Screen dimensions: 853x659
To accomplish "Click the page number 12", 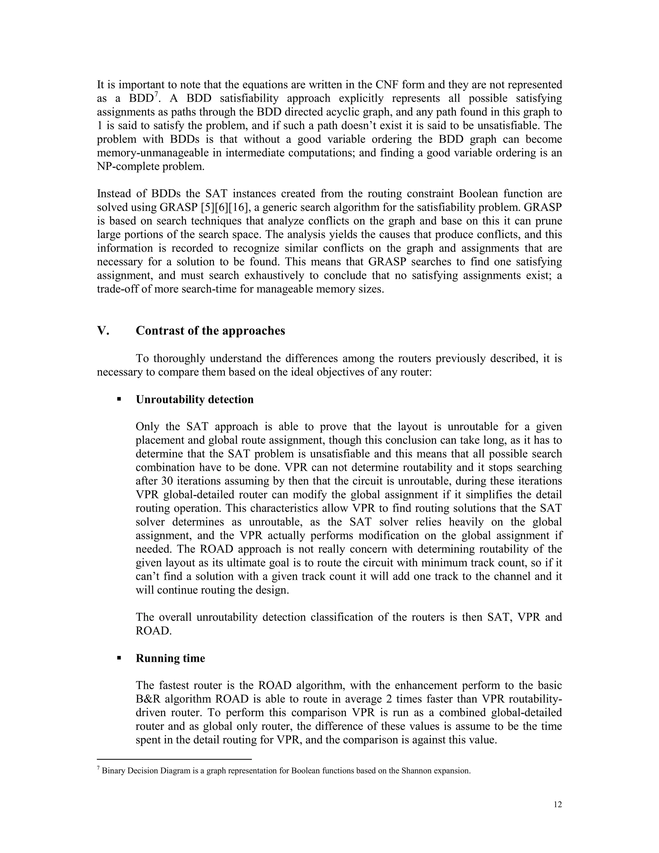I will pos(558,805).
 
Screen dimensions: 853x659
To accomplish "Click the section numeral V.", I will pos(103,331).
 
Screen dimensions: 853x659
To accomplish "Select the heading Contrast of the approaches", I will pos(210,331).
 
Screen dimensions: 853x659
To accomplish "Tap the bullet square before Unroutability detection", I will pos(119,399).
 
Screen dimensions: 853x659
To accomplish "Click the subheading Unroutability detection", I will pos(194,399).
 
